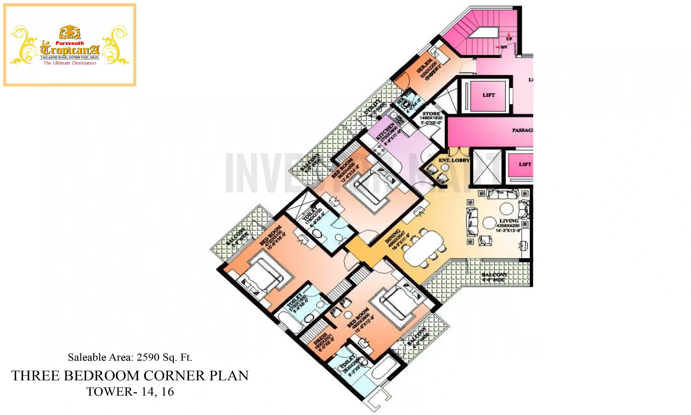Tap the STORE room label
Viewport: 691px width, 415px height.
coord(431,114)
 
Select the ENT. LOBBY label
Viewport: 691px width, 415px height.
coord(454,160)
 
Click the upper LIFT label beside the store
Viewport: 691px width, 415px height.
coord(489,95)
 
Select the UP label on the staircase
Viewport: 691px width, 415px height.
coord(509,39)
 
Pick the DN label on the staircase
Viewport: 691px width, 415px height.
coord(504,47)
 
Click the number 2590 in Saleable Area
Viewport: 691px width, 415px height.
coord(148,357)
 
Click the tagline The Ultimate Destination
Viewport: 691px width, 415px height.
coord(70,63)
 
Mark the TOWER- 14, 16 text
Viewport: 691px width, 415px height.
coord(130,391)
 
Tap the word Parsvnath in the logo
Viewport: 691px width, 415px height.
coord(70,43)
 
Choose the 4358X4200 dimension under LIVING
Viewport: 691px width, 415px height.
coord(508,225)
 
